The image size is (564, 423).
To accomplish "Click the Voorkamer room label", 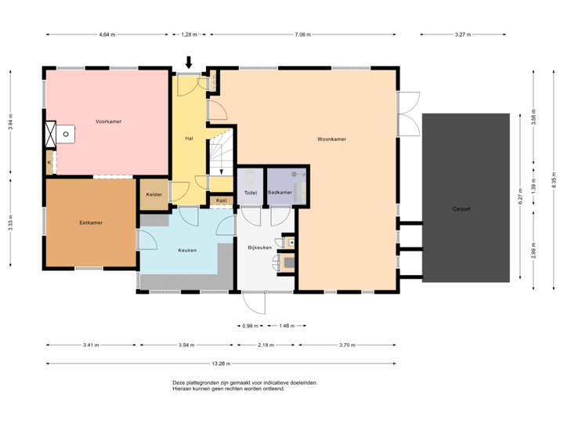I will point(108,121).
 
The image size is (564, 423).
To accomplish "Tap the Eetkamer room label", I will point(91,222).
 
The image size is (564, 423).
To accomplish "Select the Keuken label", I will point(186,250).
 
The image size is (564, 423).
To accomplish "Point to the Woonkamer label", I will point(331,139).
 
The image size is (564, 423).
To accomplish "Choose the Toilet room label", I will point(251,192).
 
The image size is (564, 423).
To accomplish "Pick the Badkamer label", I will point(279,192).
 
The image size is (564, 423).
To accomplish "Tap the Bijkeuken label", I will point(259,247).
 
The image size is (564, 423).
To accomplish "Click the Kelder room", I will point(154,194).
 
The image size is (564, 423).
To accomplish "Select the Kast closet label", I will point(222,201).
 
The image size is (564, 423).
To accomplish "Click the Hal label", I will point(189,138).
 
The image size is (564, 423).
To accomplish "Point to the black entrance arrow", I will point(189,63).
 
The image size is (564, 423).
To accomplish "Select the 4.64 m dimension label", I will point(107,34).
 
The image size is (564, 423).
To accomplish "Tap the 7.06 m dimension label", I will point(302,34).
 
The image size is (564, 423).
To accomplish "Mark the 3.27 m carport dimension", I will point(463,34).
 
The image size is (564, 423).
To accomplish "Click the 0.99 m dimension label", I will point(250,326).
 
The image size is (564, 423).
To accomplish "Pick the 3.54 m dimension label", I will point(186,345).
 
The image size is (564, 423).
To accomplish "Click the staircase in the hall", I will point(220,157).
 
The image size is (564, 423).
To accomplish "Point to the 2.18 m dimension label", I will point(266,345).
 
